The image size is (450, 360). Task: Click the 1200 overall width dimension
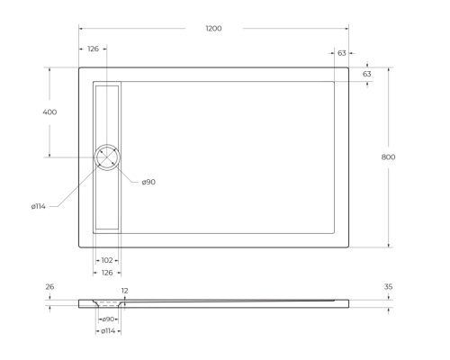pos(213,29)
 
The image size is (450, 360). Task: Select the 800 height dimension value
pos(389,157)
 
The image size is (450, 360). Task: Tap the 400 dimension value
pos(49,112)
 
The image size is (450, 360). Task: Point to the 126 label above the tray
pos(93,49)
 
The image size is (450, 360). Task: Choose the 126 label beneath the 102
pos(107,271)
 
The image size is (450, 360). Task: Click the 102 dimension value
pos(107,260)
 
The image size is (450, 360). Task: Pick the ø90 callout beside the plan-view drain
pos(148,182)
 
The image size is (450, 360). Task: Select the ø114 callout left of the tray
pos(39,206)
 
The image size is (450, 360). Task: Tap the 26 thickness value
pos(49,287)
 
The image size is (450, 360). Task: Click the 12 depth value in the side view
pos(125,291)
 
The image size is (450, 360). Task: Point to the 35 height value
pos(388,287)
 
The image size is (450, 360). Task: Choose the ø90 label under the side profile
pos(108,319)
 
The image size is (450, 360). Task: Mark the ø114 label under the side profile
pos(107,331)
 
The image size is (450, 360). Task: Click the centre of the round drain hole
pos(107,157)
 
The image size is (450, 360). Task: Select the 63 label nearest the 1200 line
pos(342,53)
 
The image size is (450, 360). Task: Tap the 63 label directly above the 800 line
pos(367,74)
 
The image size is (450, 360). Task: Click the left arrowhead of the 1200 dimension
pos(80,29)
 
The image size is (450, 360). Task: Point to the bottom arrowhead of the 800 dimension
pos(389,245)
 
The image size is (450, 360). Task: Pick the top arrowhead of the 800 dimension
pos(389,68)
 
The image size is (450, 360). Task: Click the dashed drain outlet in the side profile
pos(108,303)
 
